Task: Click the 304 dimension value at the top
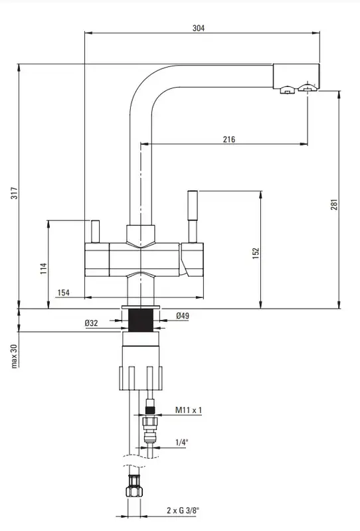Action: click(199, 28)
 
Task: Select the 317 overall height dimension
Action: click(15, 192)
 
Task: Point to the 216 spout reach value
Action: click(228, 139)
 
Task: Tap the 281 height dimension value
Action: click(334, 204)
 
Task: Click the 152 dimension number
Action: click(256, 254)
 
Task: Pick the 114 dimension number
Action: click(44, 268)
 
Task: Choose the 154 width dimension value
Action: click(63, 293)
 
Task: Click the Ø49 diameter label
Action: click(183, 316)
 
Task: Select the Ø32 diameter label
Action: click(91, 323)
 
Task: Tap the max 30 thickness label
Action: click(14, 356)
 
